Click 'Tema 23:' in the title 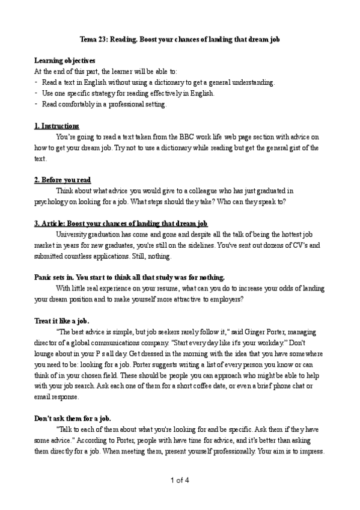click(96, 38)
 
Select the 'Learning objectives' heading click(64, 61)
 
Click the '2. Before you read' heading click(63, 180)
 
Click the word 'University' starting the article click(73, 234)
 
